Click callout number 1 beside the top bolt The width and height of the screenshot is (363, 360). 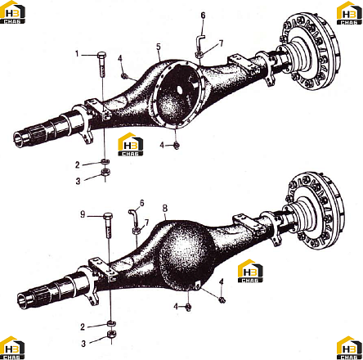click(x=77, y=54)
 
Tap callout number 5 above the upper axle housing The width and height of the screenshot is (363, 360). click(x=159, y=47)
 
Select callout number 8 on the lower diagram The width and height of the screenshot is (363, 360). click(x=165, y=209)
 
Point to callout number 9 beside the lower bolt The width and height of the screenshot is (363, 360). click(x=83, y=214)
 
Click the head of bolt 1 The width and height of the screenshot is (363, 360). click(x=101, y=54)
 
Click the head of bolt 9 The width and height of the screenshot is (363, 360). click(x=109, y=216)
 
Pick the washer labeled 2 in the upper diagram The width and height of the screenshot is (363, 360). click(x=105, y=161)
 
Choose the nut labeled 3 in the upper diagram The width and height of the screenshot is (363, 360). click(x=105, y=173)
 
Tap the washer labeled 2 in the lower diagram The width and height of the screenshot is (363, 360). click(x=112, y=324)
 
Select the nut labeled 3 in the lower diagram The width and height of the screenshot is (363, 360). click(x=112, y=335)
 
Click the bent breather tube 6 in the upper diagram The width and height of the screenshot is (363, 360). click(x=199, y=42)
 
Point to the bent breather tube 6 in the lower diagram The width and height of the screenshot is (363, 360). click(x=134, y=218)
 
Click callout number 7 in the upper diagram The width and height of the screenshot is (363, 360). click(x=221, y=43)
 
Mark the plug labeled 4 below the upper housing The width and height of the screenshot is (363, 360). click(x=177, y=146)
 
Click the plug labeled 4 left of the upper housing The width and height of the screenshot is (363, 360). click(x=124, y=76)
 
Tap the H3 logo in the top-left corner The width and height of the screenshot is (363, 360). click(x=12, y=12)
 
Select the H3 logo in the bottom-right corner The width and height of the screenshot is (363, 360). click(x=349, y=348)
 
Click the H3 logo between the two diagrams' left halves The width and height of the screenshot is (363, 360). click(x=130, y=145)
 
